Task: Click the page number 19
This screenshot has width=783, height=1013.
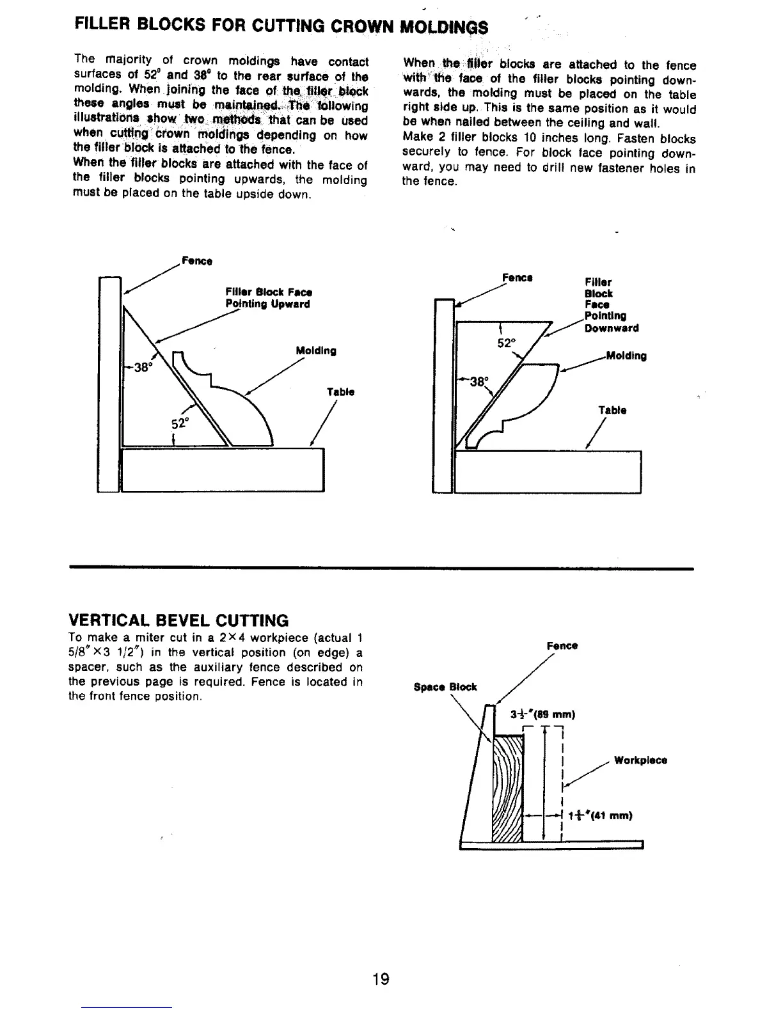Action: [381, 979]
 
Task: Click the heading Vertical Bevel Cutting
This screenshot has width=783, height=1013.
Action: [178, 620]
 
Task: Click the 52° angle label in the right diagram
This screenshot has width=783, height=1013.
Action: [507, 343]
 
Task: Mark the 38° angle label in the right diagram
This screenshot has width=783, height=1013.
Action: [478, 382]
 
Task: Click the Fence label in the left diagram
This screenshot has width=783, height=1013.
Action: [197, 261]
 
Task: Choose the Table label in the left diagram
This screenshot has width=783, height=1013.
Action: [340, 391]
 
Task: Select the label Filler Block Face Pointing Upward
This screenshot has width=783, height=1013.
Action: [267, 298]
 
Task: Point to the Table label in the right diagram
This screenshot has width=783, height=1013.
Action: [612, 410]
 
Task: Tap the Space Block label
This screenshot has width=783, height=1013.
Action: [445, 687]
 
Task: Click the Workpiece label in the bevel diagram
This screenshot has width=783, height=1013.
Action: [640, 760]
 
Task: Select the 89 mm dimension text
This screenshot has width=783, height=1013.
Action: [544, 715]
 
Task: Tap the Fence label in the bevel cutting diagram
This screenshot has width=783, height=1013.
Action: [562, 646]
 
